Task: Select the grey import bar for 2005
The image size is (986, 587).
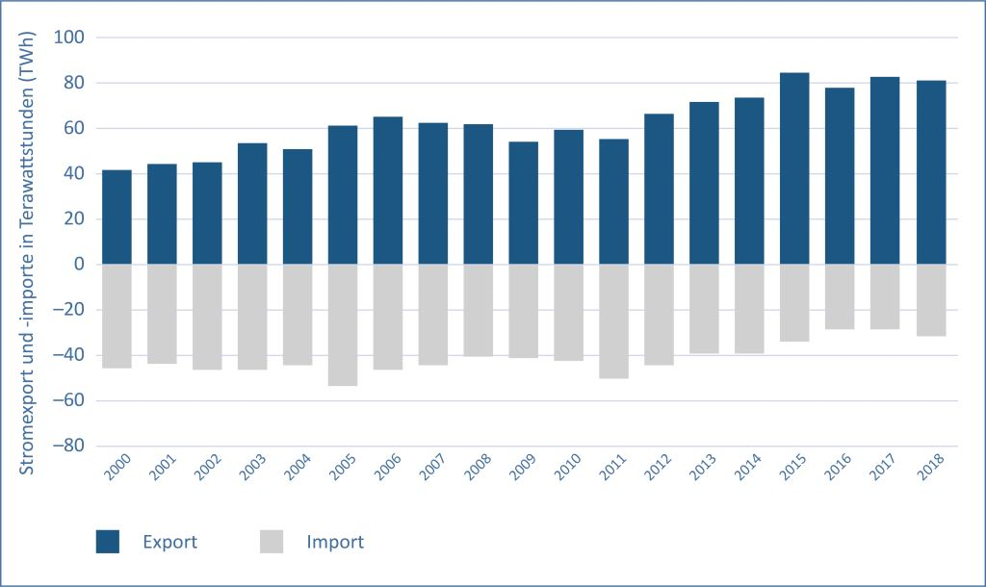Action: coord(343,325)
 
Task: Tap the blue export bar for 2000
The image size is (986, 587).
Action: coord(117,217)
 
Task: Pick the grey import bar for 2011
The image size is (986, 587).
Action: coord(613,321)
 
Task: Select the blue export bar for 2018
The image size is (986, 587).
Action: coord(930,172)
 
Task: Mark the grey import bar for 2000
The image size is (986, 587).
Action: coord(117,316)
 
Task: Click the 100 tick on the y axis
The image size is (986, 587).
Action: coord(73,38)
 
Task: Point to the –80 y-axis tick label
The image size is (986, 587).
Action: coord(69,447)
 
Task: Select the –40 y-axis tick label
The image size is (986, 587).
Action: coord(69,355)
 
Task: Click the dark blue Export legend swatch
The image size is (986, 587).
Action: coord(108,542)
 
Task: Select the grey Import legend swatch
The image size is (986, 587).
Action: coord(272,542)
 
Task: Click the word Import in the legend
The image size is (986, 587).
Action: coord(335,542)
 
